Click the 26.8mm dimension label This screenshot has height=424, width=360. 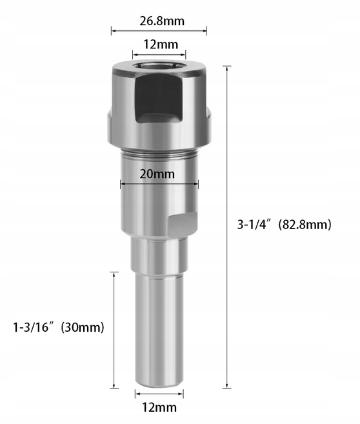pos(161,21)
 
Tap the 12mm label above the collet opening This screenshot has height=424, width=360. pos(159,45)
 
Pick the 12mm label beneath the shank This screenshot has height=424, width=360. pos(159,407)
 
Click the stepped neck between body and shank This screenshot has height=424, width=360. pos(158,254)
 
